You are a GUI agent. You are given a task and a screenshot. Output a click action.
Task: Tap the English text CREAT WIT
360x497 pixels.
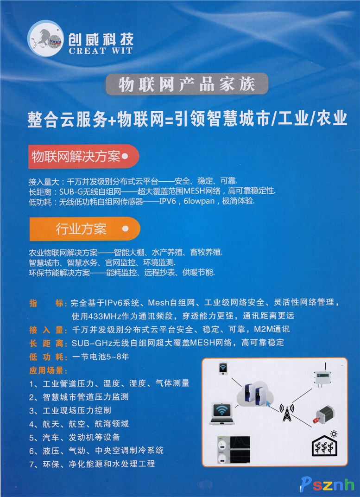[x=101, y=51]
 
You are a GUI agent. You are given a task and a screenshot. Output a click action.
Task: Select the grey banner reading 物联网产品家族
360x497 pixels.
[x=187, y=84]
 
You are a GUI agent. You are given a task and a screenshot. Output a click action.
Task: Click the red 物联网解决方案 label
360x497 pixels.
[x=83, y=157]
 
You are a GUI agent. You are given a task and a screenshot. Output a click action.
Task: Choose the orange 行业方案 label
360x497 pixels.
[x=85, y=229]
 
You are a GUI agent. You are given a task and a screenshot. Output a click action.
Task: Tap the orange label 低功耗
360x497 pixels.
[x=48, y=357]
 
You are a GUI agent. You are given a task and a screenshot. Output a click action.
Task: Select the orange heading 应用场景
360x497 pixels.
[x=48, y=370]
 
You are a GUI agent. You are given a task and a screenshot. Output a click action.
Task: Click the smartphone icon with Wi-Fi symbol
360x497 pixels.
[x=223, y=369]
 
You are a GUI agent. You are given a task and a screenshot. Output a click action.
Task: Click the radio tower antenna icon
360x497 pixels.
[x=286, y=412]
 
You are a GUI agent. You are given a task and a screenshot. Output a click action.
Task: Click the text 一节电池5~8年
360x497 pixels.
[x=101, y=357]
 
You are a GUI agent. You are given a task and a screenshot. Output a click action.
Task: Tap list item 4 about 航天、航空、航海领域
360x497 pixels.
[x=79, y=424]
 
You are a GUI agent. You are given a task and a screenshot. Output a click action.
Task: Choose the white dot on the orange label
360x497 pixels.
[x=126, y=229]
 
